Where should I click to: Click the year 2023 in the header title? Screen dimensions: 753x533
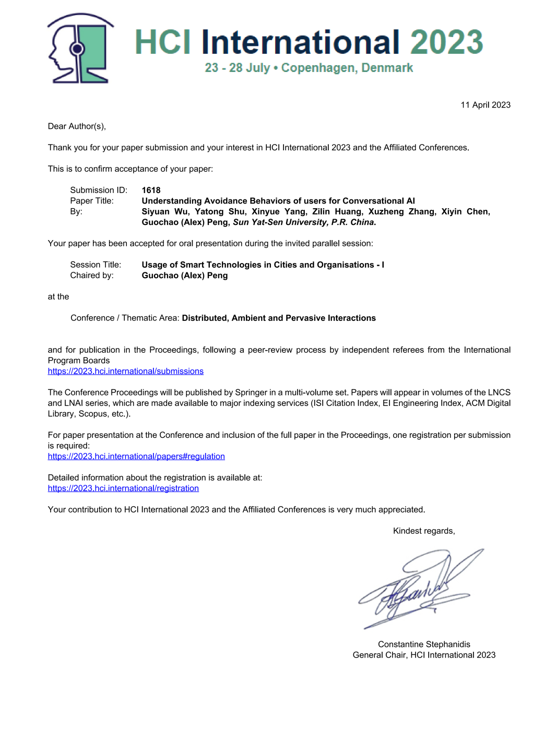point(446,42)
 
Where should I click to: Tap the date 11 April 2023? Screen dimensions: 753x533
point(485,105)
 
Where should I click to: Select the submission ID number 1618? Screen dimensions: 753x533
point(151,190)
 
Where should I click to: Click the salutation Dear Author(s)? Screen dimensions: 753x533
point(77,126)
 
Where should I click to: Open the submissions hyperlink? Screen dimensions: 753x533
point(125,371)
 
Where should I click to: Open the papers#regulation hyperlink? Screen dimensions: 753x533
point(136,456)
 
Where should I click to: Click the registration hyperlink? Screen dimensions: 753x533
point(123,488)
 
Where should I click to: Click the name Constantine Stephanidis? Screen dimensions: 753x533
point(424,644)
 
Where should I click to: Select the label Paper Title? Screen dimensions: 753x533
point(92,201)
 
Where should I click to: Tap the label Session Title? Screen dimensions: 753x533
point(96,265)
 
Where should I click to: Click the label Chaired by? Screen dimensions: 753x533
point(92,276)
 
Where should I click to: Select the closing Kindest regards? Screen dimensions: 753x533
point(424,531)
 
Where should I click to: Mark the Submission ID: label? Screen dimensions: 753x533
point(99,190)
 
